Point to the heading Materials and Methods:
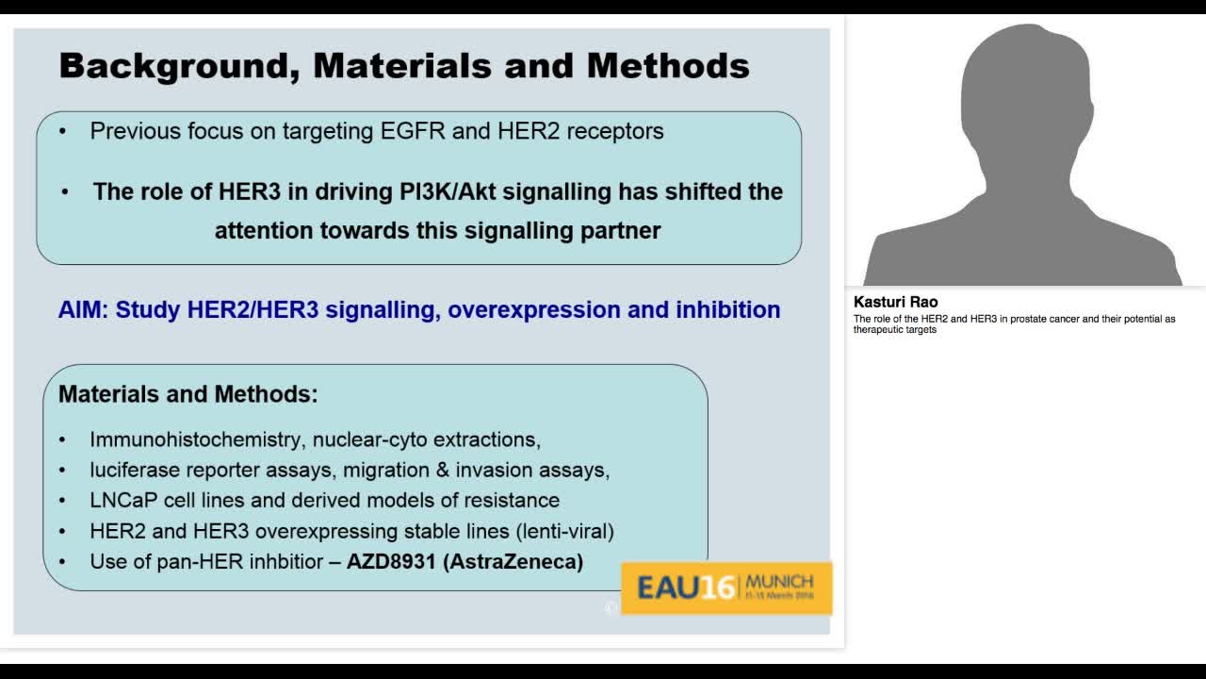188,394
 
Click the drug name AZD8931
391,562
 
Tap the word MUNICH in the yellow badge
778,580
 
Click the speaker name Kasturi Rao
895,302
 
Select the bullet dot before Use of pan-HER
62,562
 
